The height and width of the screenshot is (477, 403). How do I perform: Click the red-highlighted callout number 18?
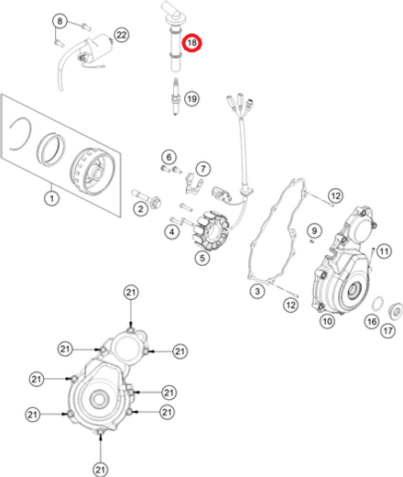pos(192,43)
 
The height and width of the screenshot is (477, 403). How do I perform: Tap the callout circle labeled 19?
pos(191,98)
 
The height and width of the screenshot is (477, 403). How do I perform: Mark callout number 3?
pos(257,291)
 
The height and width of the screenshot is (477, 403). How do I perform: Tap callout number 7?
pos(201,169)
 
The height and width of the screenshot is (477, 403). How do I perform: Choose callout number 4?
pos(171,232)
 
